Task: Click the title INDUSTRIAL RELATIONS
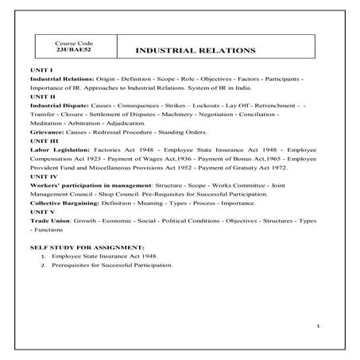195,50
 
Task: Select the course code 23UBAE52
75,50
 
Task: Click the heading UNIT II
41,97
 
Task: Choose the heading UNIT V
41,214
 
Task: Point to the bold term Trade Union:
51,223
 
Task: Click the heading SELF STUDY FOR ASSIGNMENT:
87,248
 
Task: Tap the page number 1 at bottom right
317,326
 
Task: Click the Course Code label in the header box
75,42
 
